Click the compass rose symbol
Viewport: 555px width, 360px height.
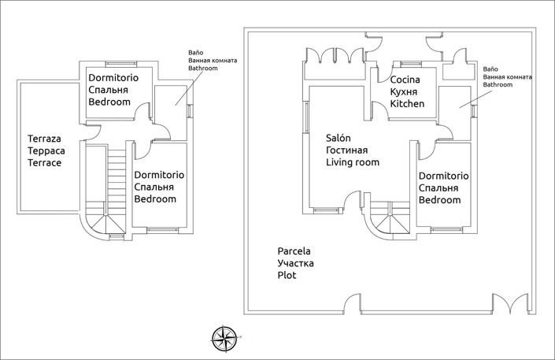(225, 337)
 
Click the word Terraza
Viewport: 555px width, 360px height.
(44, 135)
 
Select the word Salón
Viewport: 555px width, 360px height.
(339, 137)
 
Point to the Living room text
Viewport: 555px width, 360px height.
(353, 162)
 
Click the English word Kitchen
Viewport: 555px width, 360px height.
(407, 104)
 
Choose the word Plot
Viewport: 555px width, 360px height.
(287, 276)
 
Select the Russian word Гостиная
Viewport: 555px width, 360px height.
(347, 150)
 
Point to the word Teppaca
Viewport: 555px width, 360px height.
(44, 150)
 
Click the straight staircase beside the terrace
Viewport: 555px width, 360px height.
(116, 173)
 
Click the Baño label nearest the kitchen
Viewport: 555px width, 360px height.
(490, 69)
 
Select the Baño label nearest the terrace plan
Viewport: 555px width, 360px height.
(196, 53)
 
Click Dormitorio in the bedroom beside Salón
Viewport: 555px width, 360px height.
(443, 176)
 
